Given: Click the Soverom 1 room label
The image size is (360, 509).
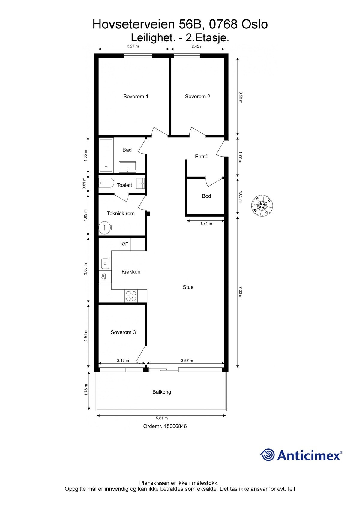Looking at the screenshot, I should [136, 97].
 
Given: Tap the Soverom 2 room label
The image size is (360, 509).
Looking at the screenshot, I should [197, 97].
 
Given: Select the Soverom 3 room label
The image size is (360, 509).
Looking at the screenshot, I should [123, 332].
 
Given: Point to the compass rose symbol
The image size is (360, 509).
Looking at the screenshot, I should [262, 205].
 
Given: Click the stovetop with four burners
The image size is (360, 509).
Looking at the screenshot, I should [131, 296].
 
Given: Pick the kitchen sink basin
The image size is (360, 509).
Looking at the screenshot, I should [105, 264].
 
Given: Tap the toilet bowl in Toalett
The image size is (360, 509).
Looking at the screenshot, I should [107, 182].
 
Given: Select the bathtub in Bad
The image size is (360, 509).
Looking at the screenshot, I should [106, 155].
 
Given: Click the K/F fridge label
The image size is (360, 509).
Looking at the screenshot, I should [124, 244].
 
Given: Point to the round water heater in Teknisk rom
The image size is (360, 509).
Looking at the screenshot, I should [105, 228].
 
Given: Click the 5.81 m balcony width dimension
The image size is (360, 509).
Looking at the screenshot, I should [162, 418].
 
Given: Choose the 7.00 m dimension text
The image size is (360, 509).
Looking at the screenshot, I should [240, 292].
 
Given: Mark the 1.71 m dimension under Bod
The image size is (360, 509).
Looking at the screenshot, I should [206, 223].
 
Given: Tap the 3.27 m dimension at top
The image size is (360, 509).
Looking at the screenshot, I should [133, 46].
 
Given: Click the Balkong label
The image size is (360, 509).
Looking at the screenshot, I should [162, 392].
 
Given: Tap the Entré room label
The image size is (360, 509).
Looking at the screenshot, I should [201, 157].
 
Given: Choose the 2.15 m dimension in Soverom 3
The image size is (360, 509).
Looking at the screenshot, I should [123, 361].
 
